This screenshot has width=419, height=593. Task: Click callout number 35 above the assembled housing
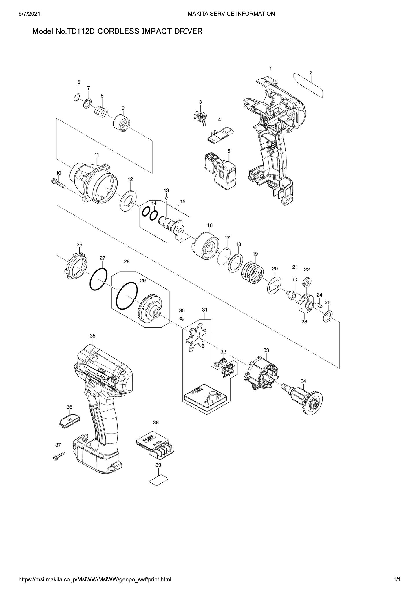click(92, 336)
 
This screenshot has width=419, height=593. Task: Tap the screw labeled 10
click(58, 183)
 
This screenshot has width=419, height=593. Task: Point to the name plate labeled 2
click(308, 85)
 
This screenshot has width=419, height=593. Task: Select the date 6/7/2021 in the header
click(28, 13)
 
